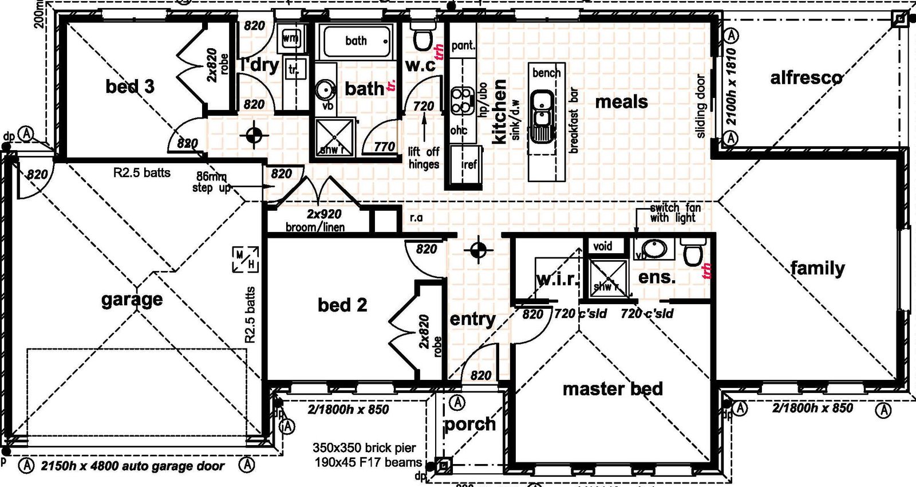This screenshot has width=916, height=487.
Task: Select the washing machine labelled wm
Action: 291,39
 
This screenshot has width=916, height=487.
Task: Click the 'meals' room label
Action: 621,102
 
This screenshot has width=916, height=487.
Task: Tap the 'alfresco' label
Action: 806,77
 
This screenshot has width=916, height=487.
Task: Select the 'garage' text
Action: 132,299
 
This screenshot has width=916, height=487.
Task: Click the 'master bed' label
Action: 613,389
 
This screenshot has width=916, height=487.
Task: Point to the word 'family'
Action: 817,268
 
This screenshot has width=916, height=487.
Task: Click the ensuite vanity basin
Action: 654,249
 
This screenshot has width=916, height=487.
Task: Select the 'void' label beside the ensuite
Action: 602,246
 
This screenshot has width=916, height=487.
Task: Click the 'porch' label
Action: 470,424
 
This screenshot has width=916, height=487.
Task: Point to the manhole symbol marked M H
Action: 245,259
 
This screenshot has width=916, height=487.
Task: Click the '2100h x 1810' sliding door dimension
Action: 731,86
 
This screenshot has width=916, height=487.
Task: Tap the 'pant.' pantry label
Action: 463,45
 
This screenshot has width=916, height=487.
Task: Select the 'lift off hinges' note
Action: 424,158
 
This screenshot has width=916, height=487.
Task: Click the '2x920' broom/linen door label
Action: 324,214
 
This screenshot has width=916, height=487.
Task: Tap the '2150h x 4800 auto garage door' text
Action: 132,466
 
